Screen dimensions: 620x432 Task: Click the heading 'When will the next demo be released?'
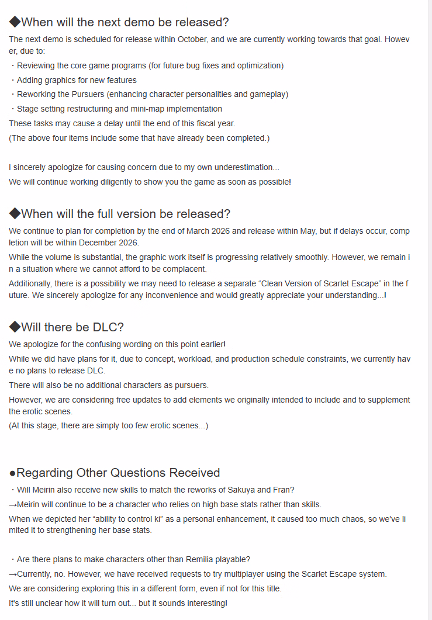pos(125,22)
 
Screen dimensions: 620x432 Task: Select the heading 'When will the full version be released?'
pos(125,214)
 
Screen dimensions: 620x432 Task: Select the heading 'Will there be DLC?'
pos(72,327)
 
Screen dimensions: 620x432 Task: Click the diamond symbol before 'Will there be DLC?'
pos(15,327)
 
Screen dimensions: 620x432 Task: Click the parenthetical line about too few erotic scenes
pos(108,425)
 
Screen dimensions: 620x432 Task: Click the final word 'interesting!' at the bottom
pos(204,602)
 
